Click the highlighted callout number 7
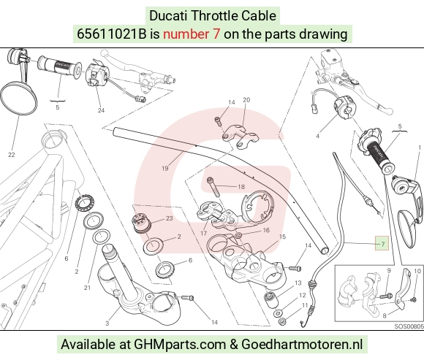click(x=382, y=244)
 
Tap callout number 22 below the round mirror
click(x=12, y=155)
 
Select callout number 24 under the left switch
click(x=101, y=110)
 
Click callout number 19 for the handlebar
click(x=165, y=168)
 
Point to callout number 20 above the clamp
click(x=246, y=100)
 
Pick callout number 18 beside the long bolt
click(x=241, y=187)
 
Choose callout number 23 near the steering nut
click(x=170, y=218)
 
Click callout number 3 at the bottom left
click(x=107, y=323)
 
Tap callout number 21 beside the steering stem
click(x=87, y=288)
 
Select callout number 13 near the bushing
click(x=298, y=283)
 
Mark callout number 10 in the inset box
click(x=417, y=271)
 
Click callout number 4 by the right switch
click(x=318, y=136)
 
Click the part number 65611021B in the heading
click(x=111, y=34)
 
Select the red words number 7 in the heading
click(x=192, y=34)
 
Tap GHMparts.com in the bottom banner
click(x=180, y=345)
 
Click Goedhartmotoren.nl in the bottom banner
click(x=302, y=345)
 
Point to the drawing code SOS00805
click(x=409, y=326)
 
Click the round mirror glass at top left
click(x=19, y=99)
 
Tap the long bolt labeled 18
click(x=213, y=187)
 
